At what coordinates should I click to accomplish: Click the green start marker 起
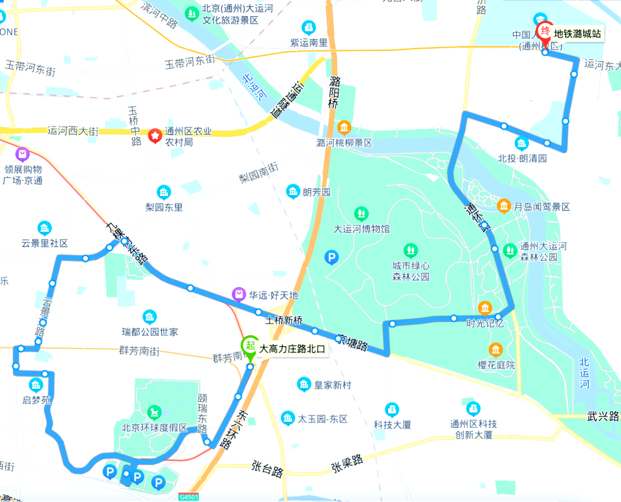[x=250, y=346]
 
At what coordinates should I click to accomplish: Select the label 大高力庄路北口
[x=292, y=348]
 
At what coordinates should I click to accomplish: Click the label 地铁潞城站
[x=577, y=34]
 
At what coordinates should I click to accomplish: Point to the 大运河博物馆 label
[x=362, y=229]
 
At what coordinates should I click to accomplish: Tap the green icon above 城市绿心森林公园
[x=411, y=250]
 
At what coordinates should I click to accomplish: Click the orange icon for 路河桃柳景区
[x=344, y=127]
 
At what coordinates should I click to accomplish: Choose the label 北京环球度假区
[x=155, y=428]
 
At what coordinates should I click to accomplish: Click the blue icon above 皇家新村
[x=304, y=384]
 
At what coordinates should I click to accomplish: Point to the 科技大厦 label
[x=392, y=425]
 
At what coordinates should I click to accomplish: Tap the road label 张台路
[x=268, y=467]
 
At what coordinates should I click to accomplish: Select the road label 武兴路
[x=603, y=416]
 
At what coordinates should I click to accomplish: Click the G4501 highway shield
[x=188, y=496]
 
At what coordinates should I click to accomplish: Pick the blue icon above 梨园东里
[x=163, y=191]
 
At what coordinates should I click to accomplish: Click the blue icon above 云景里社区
[x=44, y=228]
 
